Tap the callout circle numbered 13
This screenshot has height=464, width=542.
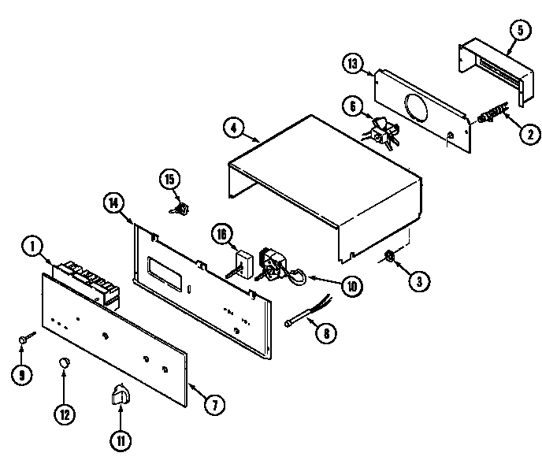(353, 65)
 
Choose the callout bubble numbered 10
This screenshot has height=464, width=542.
(351, 285)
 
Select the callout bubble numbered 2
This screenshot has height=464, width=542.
(523, 134)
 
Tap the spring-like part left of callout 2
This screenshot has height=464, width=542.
(494, 116)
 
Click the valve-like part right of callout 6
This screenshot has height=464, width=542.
(383, 132)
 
